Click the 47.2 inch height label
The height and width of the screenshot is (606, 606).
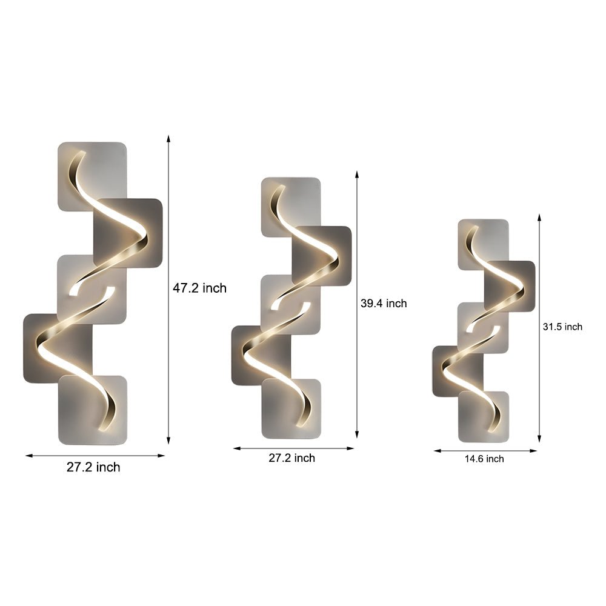199,288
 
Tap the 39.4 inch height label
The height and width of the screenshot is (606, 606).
384,304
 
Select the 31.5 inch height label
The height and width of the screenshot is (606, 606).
562,327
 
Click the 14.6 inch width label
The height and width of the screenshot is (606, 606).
484,459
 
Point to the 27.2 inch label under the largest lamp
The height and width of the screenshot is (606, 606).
93,467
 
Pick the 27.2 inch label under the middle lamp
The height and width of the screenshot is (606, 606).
292,458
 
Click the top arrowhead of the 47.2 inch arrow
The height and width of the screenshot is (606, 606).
168,138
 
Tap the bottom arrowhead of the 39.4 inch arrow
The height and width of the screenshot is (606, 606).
357,435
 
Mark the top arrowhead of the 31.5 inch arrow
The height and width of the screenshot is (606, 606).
539,217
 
